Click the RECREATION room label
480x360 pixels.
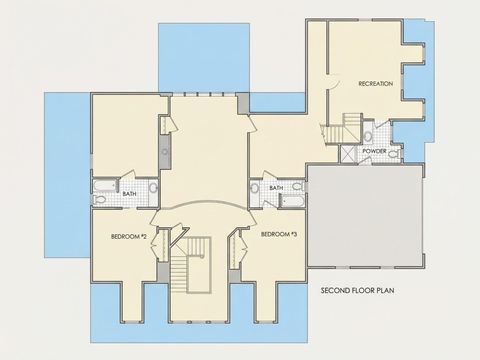click(x=376, y=84)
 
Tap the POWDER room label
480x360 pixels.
click(x=374, y=151)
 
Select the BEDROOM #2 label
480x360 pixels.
click(x=129, y=237)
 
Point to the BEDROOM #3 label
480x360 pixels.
click(x=279, y=234)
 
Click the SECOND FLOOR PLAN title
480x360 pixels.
click(x=357, y=290)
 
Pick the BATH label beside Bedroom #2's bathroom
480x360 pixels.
click(x=130, y=194)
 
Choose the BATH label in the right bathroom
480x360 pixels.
click(x=276, y=188)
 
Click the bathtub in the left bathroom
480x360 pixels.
click(x=105, y=185)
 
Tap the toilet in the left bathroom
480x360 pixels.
click(x=99, y=200)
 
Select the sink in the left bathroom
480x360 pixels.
click(x=153, y=188)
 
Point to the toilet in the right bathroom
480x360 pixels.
click(x=298, y=186)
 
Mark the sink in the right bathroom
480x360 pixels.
click(x=254, y=188)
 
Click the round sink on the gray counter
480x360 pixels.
click(x=165, y=151)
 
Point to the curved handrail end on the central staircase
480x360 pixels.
click(x=202, y=257)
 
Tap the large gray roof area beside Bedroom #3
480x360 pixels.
click(x=365, y=216)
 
